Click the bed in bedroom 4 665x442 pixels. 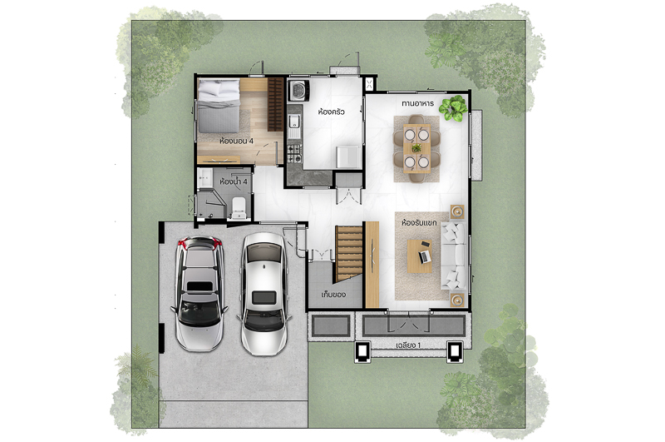(x=219, y=107)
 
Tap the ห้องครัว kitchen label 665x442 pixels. (x=331, y=112)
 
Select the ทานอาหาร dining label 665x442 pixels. (x=418, y=103)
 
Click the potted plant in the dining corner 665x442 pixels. (x=453, y=109)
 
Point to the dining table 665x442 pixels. (x=417, y=148)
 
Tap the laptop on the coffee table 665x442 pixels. (x=424, y=256)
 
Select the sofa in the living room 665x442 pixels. (x=454, y=256)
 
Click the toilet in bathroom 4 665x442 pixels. (x=239, y=208)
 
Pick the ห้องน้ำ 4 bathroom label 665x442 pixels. (x=234, y=181)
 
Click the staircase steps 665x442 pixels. (x=349, y=253)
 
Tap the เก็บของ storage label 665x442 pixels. (x=333, y=294)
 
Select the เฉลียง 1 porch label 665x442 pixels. (x=408, y=345)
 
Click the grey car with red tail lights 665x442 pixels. (x=199, y=293)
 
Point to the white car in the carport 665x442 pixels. (x=264, y=294)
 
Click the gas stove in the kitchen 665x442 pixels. (x=295, y=154)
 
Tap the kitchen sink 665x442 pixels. (x=294, y=122)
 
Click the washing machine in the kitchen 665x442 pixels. (x=298, y=91)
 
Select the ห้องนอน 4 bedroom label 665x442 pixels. (x=236, y=141)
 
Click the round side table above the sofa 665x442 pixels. (x=457, y=211)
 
